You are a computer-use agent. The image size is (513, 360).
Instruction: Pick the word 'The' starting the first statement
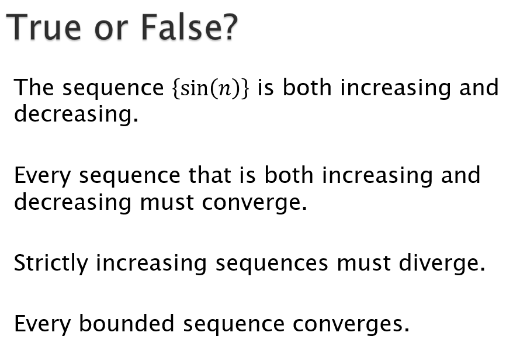tap(34, 88)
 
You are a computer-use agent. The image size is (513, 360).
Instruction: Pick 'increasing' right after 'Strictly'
tap(151, 264)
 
